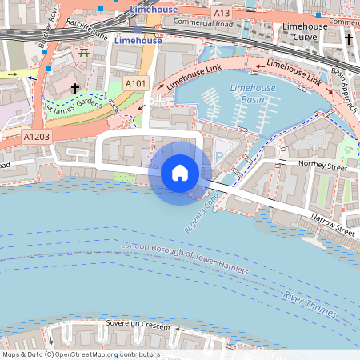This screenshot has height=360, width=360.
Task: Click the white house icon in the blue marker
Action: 180,172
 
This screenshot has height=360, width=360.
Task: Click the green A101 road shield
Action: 136,82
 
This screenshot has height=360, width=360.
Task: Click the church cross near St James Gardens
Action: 75,88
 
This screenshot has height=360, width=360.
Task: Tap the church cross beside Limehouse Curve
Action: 348,38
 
